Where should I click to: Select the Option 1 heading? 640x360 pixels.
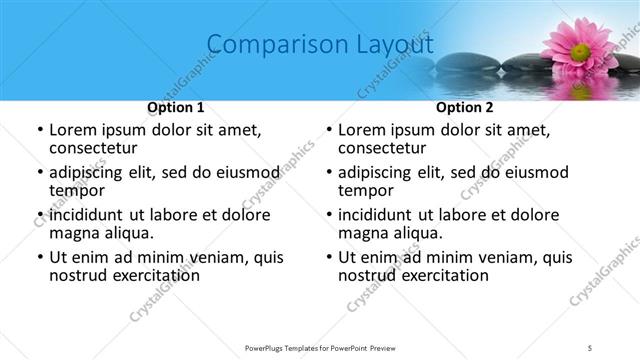pyautogui.click(x=176, y=107)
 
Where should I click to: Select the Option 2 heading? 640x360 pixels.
pyautogui.click(x=465, y=107)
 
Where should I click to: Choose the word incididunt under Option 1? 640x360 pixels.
pyautogui.click(x=87, y=214)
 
